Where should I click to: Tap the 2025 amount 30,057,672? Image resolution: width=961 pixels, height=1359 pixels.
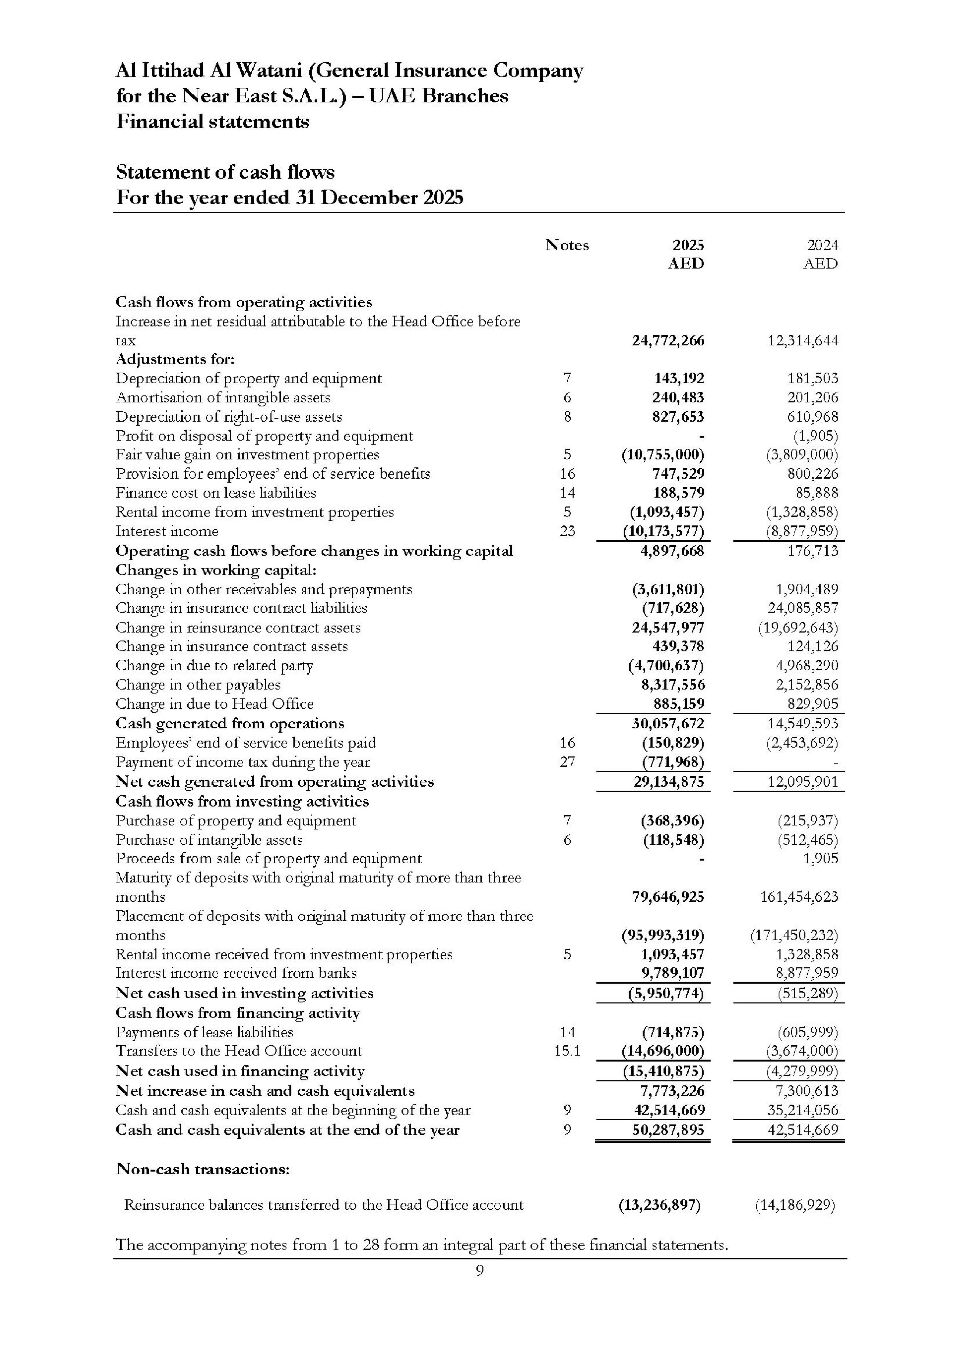[x=669, y=723]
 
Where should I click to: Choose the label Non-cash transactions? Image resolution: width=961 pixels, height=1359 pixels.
[x=203, y=1169]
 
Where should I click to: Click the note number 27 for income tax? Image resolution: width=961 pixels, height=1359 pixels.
[x=567, y=762]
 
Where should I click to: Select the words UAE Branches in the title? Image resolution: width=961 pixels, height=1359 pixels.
[x=438, y=96]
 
